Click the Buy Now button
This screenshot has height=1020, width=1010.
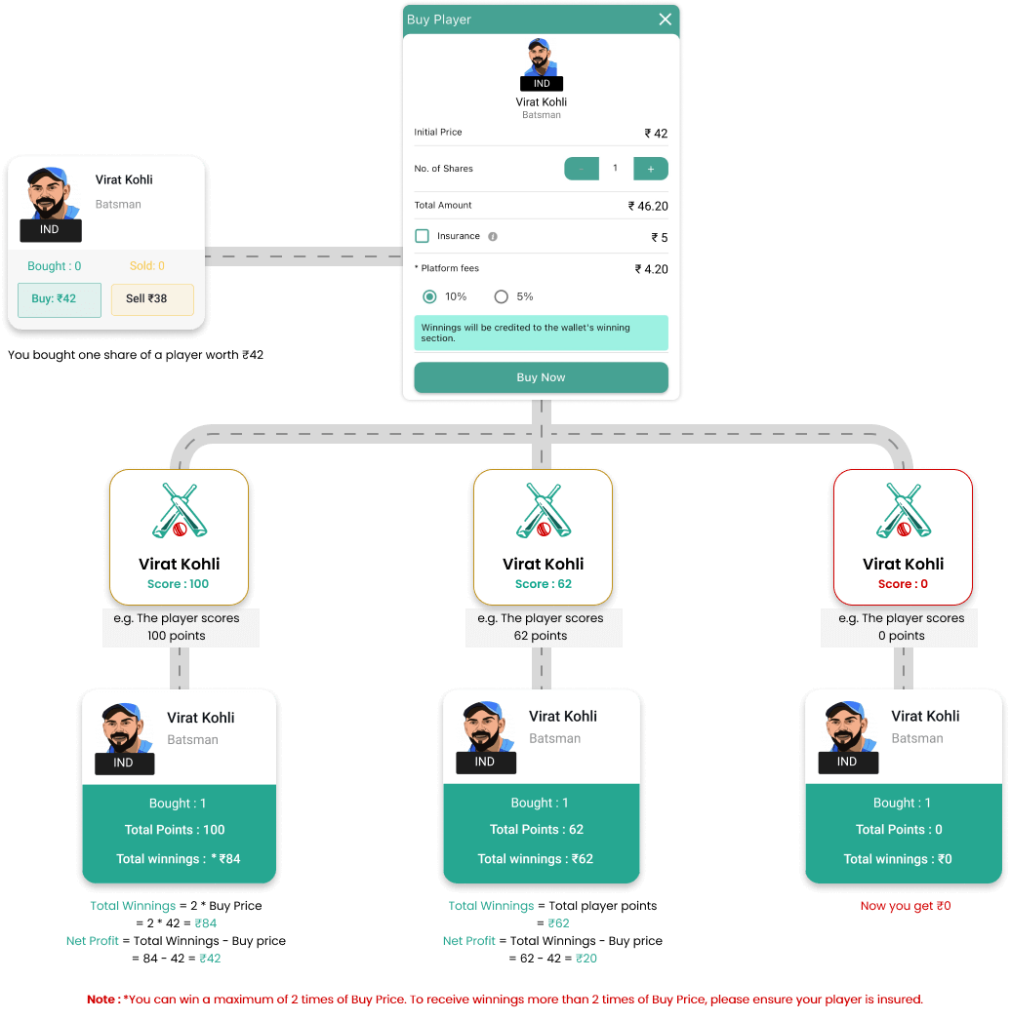541,377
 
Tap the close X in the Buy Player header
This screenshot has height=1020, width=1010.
666,20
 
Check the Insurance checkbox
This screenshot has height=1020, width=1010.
423,236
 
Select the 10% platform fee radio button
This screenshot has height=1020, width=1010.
429,296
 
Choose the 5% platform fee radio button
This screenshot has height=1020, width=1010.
501,296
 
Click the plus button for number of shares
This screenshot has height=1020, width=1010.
651,169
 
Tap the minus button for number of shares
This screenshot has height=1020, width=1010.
582,169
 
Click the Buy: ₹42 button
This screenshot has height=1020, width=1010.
60,300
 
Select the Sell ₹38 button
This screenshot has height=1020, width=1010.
152,300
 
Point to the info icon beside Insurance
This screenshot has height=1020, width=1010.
493,237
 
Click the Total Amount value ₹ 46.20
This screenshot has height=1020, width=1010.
648,206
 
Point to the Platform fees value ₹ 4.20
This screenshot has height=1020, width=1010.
652,269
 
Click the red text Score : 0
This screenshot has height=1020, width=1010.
904,584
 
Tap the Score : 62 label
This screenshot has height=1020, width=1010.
544,584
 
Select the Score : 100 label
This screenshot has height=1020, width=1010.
179,584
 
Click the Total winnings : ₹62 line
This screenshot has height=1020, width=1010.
536,859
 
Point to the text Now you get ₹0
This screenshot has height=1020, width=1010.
906,906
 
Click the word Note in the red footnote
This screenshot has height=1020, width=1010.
101,1000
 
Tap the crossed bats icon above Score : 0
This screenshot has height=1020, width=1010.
904,511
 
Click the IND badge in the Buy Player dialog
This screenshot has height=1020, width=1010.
542,83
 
